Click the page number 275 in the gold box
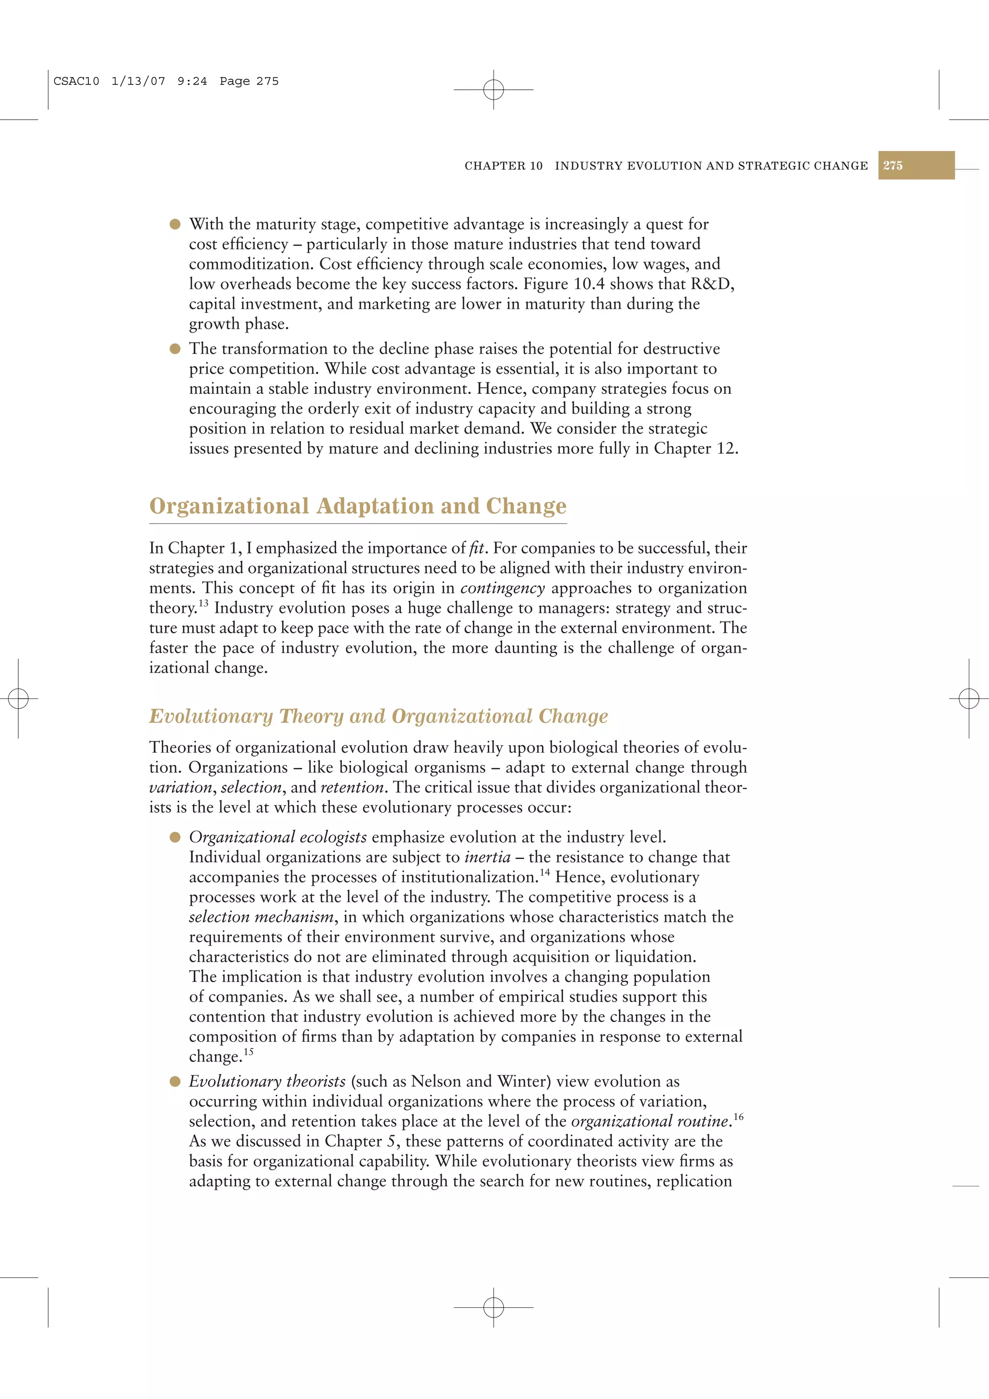pyautogui.click(x=893, y=165)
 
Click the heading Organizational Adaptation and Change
pyautogui.click(x=358, y=506)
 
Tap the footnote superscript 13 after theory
pyautogui.click(x=203, y=604)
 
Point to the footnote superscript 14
pyautogui.click(x=544, y=872)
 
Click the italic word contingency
pyautogui.click(x=502, y=588)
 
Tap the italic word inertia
pyautogui.click(x=487, y=857)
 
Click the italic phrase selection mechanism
pyautogui.click(x=261, y=917)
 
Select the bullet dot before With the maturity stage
pyautogui.click(x=175, y=224)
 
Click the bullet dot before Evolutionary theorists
pyautogui.click(x=175, y=1081)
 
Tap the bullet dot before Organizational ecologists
pyautogui.click(x=175, y=837)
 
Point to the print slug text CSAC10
pyautogui.click(x=76, y=81)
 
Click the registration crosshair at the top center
pyautogui.click(x=494, y=90)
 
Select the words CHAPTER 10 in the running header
pyautogui.click(x=503, y=166)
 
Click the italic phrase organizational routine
pyautogui.click(x=650, y=1121)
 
